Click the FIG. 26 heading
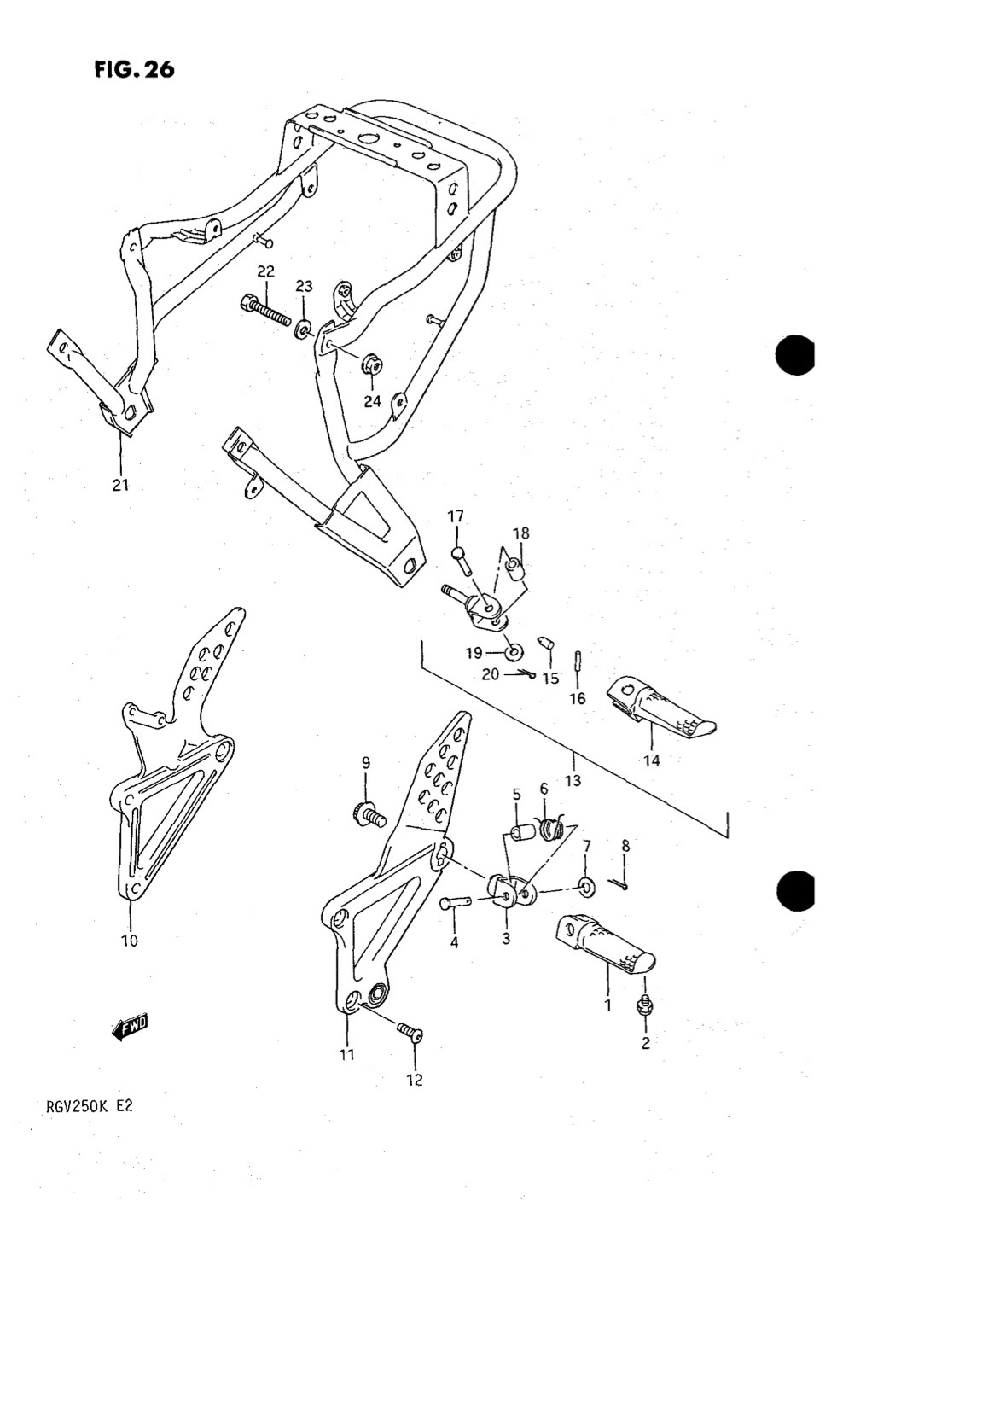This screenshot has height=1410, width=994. (x=134, y=69)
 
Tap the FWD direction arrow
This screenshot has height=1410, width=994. (x=130, y=1027)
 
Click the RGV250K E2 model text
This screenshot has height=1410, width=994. (x=90, y=1106)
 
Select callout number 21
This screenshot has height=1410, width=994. (x=120, y=485)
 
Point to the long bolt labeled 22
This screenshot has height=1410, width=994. (x=265, y=311)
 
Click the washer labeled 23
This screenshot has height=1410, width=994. (x=304, y=329)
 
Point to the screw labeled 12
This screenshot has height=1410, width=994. (x=410, y=1030)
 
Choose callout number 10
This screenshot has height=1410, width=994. (x=130, y=941)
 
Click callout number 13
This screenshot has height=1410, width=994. (x=573, y=780)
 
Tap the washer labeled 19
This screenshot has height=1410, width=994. (x=514, y=652)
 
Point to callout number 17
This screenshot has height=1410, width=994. (x=456, y=516)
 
